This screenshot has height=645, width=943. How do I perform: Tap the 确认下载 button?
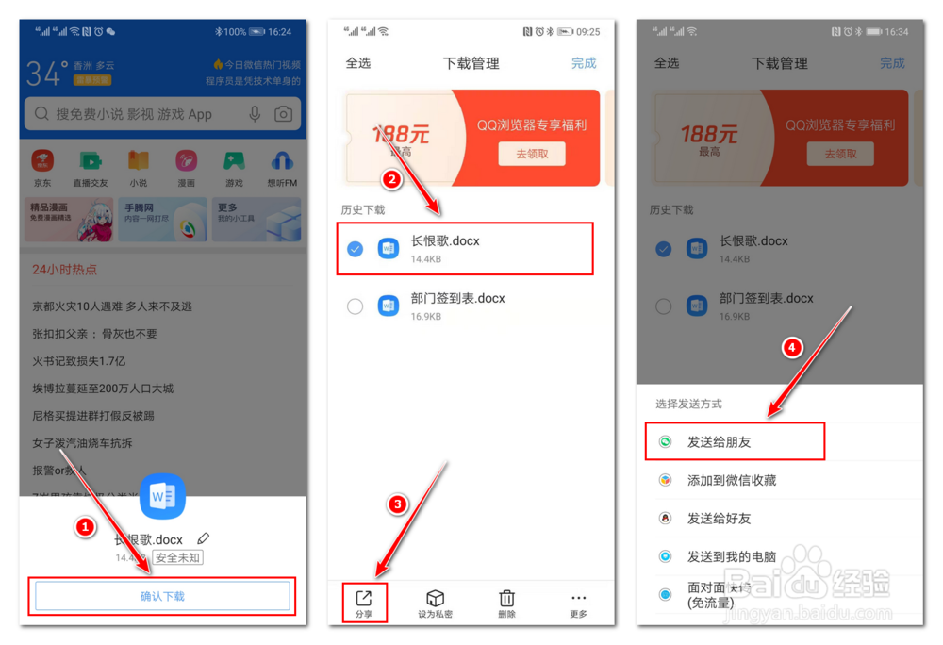[x=162, y=596]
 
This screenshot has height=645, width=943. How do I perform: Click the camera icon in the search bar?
[x=283, y=114]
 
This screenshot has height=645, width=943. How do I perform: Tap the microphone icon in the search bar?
[x=255, y=114]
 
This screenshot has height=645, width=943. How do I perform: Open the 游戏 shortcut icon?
[x=234, y=166]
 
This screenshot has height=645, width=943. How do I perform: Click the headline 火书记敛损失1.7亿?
[x=78, y=360]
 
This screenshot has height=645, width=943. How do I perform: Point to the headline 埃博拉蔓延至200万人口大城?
[x=103, y=388]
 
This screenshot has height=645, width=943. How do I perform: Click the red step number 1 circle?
[x=86, y=528]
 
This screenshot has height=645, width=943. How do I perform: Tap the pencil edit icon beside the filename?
[x=204, y=538]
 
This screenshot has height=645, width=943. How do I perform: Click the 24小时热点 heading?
[x=64, y=270]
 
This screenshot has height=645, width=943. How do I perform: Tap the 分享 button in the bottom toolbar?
[x=364, y=603]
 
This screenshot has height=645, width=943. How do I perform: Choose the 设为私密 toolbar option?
[x=435, y=603]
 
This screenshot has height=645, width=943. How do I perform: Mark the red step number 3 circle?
[x=398, y=504]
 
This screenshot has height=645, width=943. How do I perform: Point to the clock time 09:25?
[x=587, y=31]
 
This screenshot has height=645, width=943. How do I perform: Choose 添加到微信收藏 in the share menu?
[x=732, y=480]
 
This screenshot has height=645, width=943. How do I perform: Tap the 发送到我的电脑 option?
[x=732, y=556]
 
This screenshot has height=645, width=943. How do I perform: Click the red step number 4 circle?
[x=793, y=347]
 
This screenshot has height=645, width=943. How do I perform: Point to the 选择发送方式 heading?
[x=689, y=404]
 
